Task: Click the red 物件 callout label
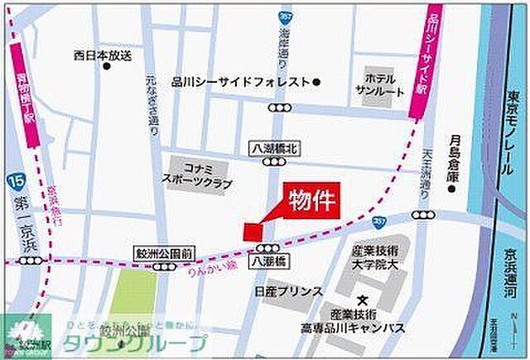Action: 311,201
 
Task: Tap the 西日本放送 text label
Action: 103,56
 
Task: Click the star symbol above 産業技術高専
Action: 361,299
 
